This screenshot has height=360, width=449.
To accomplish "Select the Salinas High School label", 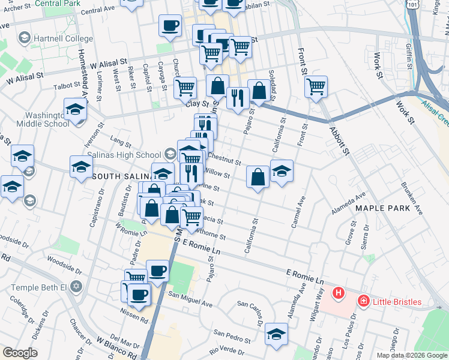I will tap(124, 155).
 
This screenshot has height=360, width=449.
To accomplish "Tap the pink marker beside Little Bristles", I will tap(363, 301).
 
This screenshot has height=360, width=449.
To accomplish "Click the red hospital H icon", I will tap(339, 293).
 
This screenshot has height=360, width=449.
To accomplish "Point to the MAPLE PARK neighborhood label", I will tap(382, 208).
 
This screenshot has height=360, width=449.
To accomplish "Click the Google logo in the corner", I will tap(20, 353).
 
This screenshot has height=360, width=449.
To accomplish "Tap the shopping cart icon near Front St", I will tap(316, 87).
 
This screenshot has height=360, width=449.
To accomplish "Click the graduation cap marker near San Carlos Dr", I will tap(277, 333).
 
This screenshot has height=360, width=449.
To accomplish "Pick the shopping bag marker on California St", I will tap(258, 177).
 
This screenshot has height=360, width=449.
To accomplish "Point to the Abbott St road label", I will tap(338, 140).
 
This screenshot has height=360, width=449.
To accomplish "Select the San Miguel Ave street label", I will tap(190, 295).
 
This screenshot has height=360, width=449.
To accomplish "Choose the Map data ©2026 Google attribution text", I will tap(411, 355).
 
